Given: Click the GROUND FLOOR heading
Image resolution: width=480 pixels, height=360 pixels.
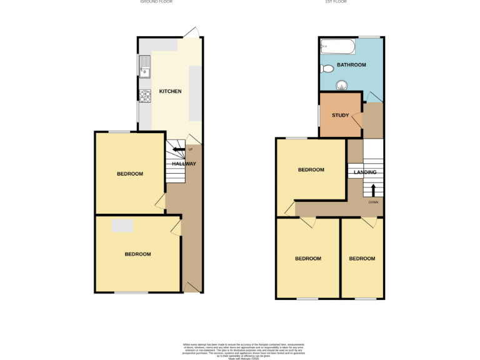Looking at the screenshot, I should (x=156, y=2).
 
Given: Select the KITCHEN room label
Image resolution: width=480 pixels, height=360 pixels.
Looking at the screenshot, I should (x=170, y=91).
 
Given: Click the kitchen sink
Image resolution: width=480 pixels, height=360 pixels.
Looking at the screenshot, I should (x=145, y=65).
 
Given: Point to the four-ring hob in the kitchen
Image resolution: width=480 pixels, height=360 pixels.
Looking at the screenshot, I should (x=145, y=96).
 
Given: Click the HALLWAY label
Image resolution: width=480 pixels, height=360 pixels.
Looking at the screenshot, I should (x=184, y=164).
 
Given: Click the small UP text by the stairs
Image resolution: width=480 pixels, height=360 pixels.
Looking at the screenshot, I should (x=191, y=149).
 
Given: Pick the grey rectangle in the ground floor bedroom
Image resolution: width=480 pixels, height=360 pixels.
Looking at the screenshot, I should (x=122, y=226).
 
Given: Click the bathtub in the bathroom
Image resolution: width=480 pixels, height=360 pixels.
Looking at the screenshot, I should (x=338, y=47).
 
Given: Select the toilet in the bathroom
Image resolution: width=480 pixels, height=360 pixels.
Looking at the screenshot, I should (x=326, y=68).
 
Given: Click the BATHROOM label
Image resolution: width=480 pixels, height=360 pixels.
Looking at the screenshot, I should (x=351, y=65).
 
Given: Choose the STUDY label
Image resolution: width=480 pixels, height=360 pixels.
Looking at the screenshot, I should (x=340, y=115).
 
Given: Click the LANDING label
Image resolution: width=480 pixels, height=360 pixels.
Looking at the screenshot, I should (x=365, y=172).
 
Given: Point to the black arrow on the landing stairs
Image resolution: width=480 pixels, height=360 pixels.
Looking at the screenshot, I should (x=374, y=189).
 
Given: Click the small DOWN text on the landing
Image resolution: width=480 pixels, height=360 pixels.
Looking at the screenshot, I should (x=373, y=202).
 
